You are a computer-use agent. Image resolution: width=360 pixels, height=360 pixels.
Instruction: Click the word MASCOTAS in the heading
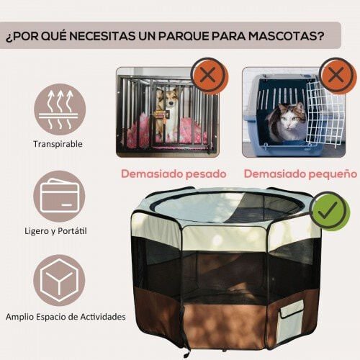(x=286, y=36)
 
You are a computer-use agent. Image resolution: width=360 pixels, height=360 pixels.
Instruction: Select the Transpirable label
(x=58, y=144)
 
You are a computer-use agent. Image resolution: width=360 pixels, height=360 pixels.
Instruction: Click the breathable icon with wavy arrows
(x=60, y=109)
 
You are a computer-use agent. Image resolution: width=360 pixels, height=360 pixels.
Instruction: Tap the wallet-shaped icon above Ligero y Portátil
(x=59, y=196)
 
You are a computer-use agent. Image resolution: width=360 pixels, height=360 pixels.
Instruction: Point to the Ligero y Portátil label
(x=55, y=231)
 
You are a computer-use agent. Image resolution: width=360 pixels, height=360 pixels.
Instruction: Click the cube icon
(x=59, y=280)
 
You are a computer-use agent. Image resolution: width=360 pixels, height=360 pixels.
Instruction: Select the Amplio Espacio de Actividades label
(x=66, y=317)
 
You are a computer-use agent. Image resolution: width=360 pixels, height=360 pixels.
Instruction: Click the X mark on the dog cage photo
(x=208, y=76)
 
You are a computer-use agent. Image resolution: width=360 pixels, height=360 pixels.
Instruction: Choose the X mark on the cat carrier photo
(x=338, y=75)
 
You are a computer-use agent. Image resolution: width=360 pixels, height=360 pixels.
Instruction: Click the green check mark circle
(x=329, y=211)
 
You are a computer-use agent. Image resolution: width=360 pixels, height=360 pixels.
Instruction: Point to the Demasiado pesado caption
(x=174, y=174)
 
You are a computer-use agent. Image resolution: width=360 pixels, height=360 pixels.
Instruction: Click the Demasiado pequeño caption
(x=300, y=174)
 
